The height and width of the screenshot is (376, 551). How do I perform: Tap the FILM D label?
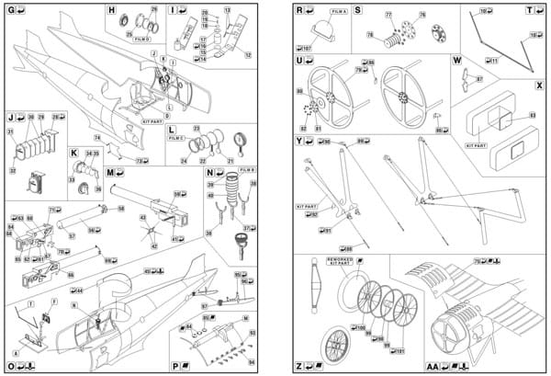click(x=142, y=40)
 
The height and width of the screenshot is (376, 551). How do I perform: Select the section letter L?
click(x=172, y=131)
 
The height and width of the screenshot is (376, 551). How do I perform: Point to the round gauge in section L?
click(x=242, y=140)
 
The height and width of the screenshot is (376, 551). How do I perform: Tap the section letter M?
click(x=108, y=172)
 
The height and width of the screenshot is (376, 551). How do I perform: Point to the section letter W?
click(x=456, y=60)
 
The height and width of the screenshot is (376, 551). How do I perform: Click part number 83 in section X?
click(x=532, y=115)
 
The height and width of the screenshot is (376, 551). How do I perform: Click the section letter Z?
click(x=299, y=366)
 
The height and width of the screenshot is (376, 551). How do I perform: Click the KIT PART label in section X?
click(x=475, y=145)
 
